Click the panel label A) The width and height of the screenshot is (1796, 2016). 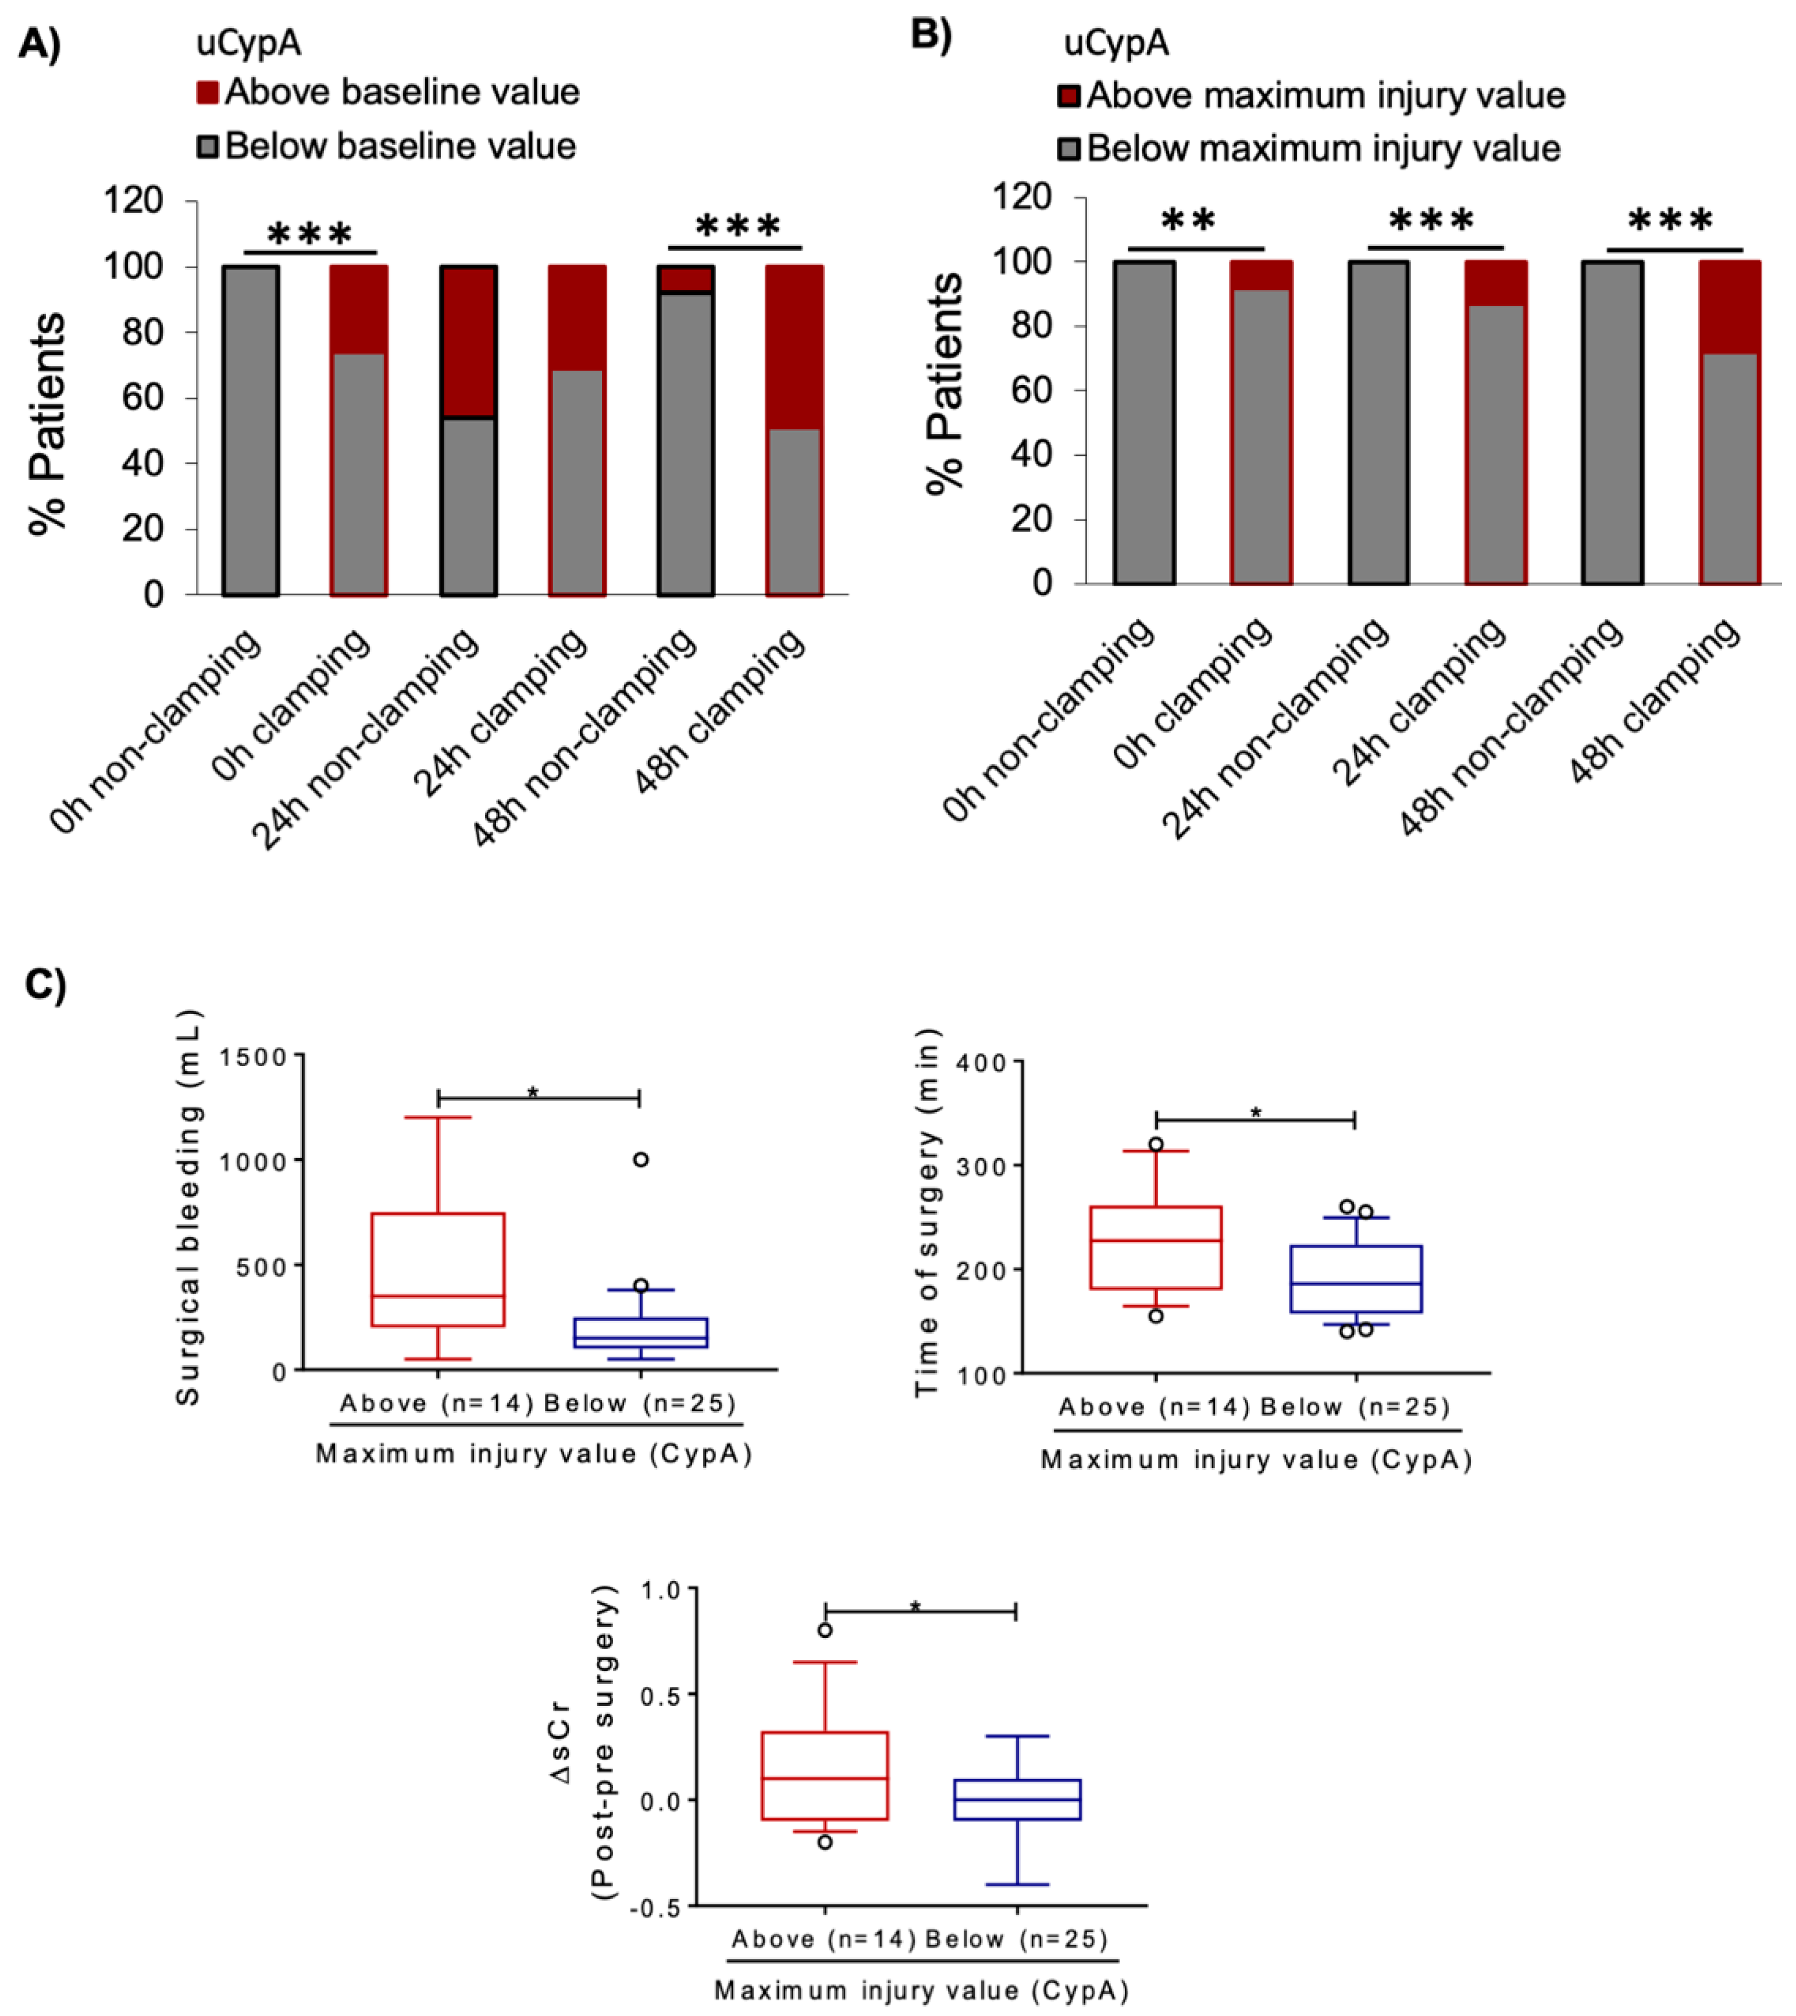(x=40, y=44)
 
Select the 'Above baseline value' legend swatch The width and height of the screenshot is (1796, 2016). (x=206, y=92)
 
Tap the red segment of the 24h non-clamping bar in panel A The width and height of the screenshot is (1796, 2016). (x=468, y=341)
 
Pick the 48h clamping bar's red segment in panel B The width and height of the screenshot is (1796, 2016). (x=1729, y=308)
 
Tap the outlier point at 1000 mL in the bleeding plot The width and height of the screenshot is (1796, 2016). (x=640, y=1159)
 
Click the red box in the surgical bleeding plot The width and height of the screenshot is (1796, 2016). (x=437, y=1269)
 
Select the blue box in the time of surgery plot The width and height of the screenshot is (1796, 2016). (x=1356, y=1279)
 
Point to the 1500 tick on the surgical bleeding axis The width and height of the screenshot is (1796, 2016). (x=252, y=1057)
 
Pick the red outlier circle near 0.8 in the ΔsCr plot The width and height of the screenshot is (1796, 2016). (x=825, y=1630)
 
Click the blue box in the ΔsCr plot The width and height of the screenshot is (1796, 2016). (x=1017, y=1799)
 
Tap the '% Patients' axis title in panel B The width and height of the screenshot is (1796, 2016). (x=945, y=383)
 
